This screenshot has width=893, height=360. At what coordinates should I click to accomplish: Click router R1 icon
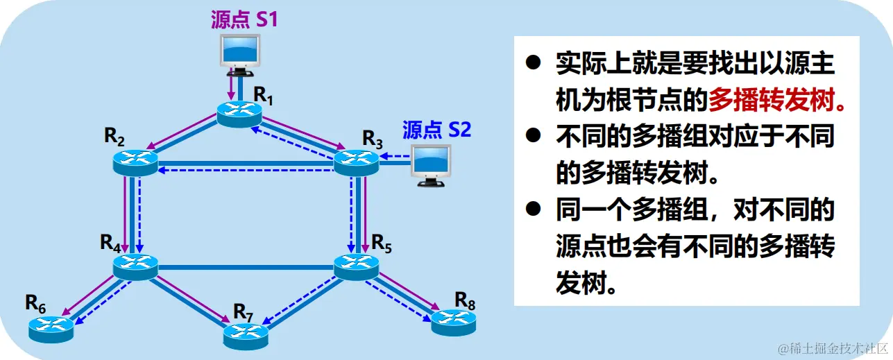click(x=239, y=113)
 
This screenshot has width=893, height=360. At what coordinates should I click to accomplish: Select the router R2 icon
click(x=135, y=162)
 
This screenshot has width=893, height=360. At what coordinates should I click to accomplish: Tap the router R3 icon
click(x=357, y=162)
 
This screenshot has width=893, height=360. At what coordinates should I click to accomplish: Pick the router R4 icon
click(x=135, y=266)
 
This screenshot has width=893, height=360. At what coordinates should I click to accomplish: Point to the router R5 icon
click(x=357, y=266)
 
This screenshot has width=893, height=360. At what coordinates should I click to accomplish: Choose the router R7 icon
click(x=246, y=335)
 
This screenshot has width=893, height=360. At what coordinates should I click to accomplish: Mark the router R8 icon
click(x=453, y=320)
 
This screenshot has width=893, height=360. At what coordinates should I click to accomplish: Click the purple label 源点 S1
click(x=244, y=19)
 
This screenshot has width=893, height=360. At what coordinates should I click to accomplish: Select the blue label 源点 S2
click(x=436, y=129)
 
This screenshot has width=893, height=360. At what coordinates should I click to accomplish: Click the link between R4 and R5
click(x=246, y=266)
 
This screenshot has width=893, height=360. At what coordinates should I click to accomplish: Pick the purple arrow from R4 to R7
click(x=195, y=299)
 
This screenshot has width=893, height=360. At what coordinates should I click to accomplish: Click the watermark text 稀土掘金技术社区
click(x=833, y=346)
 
